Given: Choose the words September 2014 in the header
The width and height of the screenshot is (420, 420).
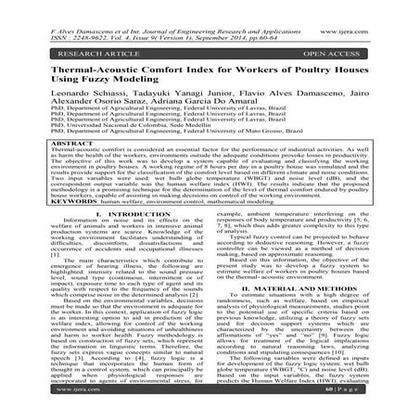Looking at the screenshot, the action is tap(243, 18).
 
